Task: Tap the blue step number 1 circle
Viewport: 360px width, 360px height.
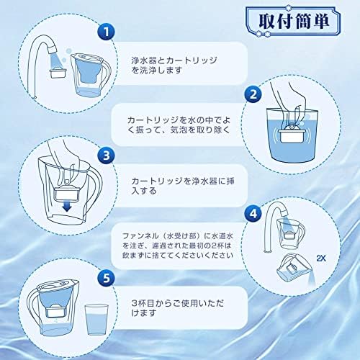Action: coord(107,32)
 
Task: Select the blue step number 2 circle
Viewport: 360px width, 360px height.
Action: coord(251,94)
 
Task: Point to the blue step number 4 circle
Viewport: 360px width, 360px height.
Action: coord(251,213)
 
